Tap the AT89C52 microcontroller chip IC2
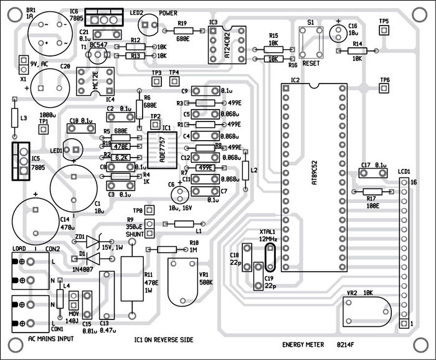click(313, 178)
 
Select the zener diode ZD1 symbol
click(93, 240)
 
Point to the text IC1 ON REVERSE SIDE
click(163, 339)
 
